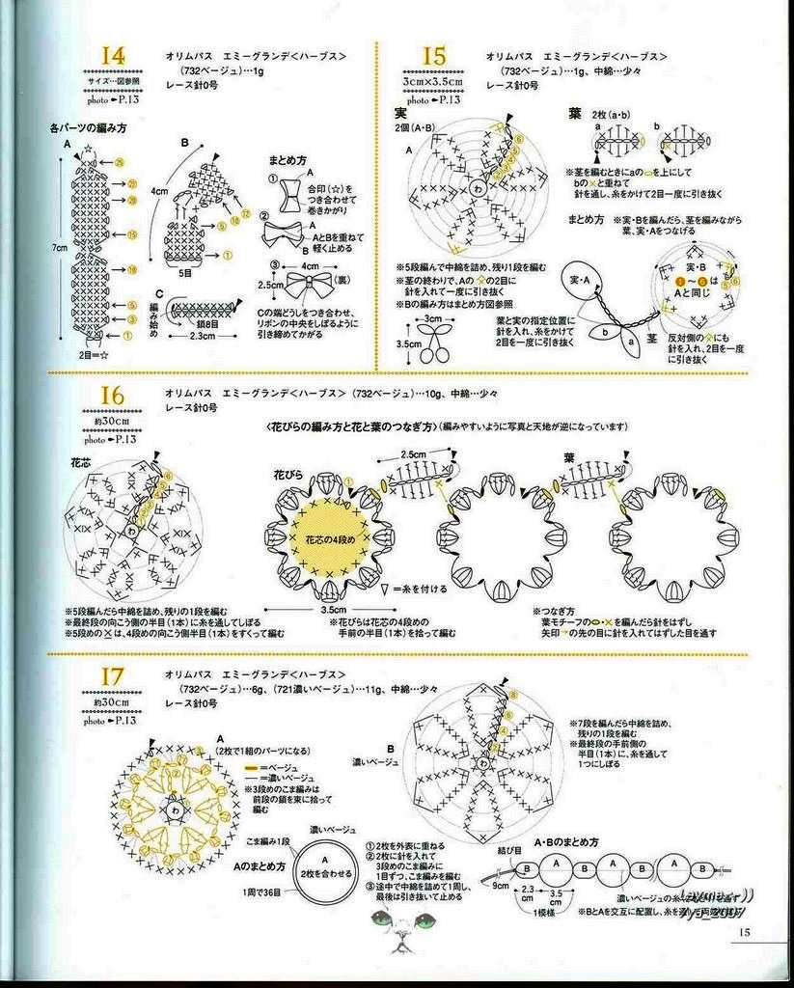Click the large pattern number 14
[x=112, y=57]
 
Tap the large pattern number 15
[x=433, y=57]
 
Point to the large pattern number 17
[x=112, y=678]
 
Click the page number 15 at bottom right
[x=744, y=931]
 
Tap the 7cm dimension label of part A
[x=60, y=248]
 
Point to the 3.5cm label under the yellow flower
[x=334, y=610]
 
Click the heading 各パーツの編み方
[x=89, y=127]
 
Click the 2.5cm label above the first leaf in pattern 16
[x=414, y=453]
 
